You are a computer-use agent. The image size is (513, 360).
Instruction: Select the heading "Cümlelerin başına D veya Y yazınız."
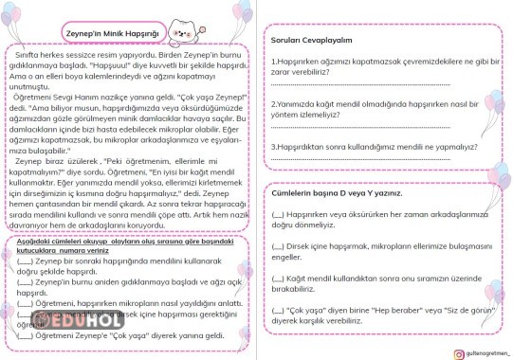[336, 193]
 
